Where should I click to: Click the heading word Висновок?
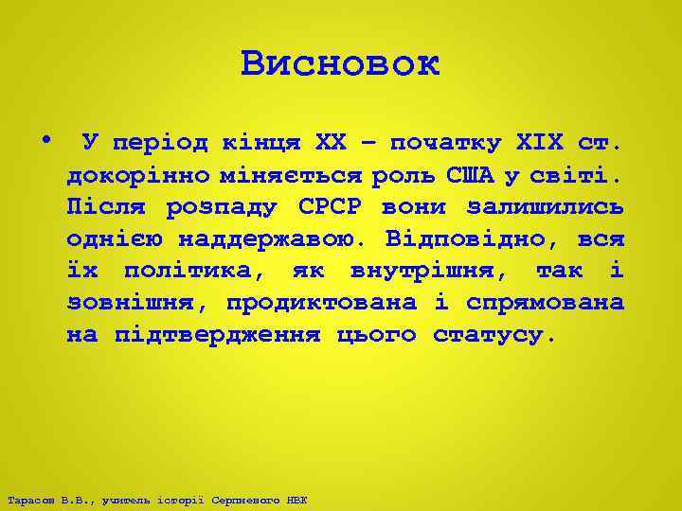(x=340, y=64)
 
